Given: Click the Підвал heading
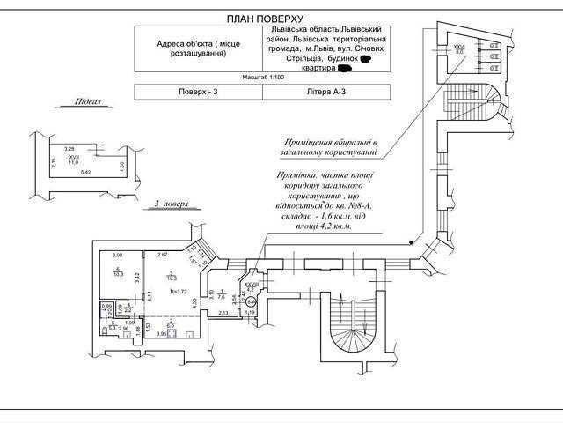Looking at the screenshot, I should (x=87, y=101).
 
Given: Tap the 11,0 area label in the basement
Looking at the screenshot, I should (x=73, y=163).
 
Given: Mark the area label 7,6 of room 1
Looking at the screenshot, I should (x=224, y=297).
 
